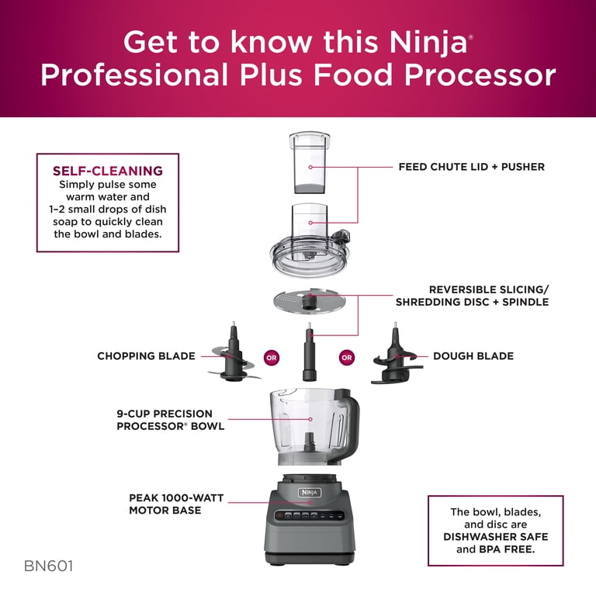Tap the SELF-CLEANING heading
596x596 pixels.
click(x=107, y=171)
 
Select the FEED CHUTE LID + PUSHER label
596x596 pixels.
click(x=471, y=167)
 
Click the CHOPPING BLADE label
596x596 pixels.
click(x=146, y=356)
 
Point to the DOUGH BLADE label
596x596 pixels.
click(x=473, y=356)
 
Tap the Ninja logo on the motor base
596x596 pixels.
click(x=310, y=492)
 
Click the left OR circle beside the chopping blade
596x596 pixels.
click(x=271, y=358)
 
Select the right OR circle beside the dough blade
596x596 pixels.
click(x=347, y=358)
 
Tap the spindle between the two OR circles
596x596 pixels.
click(x=310, y=353)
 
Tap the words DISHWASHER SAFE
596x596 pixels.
click(x=495, y=537)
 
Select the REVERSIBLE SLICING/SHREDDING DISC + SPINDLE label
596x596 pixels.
click(x=472, y=295)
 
